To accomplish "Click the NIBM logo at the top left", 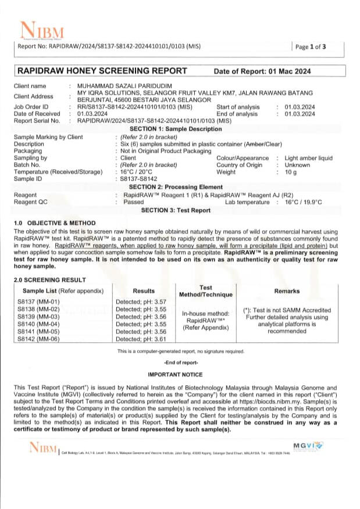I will [42, 30].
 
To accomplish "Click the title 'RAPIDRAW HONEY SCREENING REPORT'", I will [102, 71].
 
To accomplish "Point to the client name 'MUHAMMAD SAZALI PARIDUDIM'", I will [122, 86].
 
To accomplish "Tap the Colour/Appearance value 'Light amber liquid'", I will [308, 157].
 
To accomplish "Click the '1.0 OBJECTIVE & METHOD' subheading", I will [55, 223].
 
